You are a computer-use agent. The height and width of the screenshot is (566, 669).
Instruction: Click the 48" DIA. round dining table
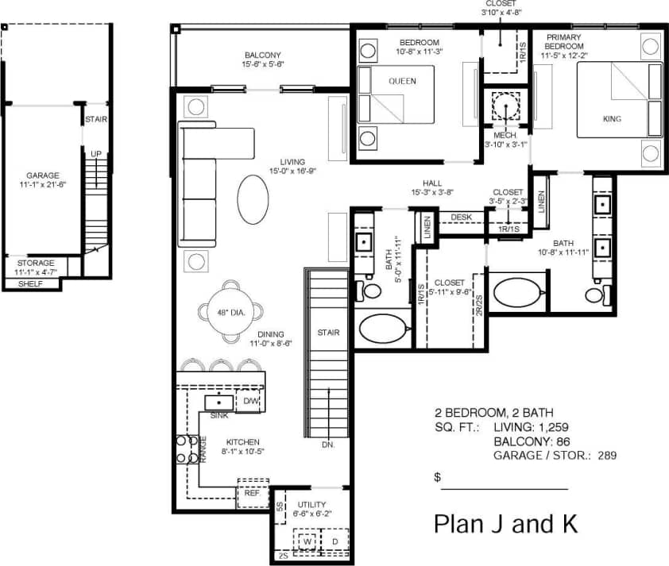(230, 312)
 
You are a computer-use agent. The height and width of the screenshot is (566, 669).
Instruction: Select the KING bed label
(612, 119)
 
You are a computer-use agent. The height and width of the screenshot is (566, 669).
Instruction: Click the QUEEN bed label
(402, 81)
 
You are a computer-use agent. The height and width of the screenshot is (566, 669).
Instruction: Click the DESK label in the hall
(461, 217)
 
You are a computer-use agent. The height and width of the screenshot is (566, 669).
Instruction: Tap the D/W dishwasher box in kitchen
(250, 402)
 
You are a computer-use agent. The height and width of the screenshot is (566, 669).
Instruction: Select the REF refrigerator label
(252, 493)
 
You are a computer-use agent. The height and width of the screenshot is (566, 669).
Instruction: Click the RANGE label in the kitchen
(203, 450)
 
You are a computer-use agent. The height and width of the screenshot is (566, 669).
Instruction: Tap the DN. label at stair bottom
(328, 445)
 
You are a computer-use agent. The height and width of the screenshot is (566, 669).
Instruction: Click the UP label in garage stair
(95, 154)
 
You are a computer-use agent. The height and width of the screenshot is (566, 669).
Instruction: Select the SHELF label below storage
(29, 283)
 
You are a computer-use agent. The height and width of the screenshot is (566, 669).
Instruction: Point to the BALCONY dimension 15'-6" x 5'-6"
(263, 64)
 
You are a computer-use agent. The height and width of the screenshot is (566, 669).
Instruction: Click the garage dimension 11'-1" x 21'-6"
(42, 185)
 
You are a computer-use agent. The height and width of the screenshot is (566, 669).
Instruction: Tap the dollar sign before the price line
(437, 478)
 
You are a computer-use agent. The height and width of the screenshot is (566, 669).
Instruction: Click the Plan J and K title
(505, 524)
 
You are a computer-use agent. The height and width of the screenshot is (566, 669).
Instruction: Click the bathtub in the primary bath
(517, 291)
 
